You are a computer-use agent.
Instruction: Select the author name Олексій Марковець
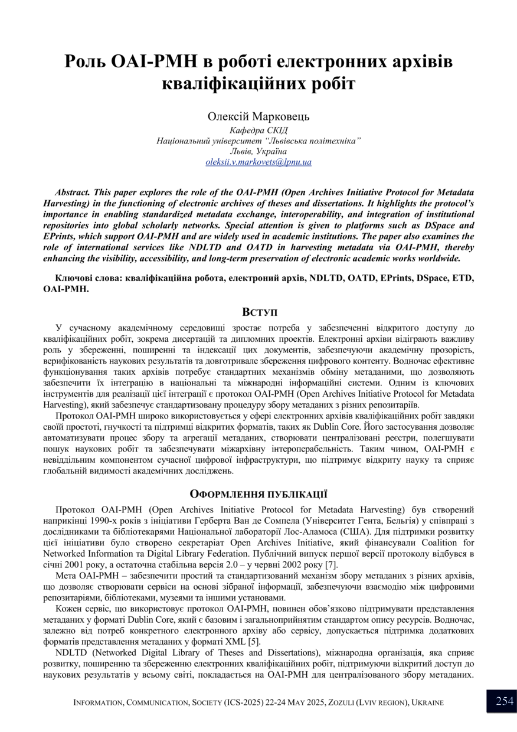(x=258, y=117)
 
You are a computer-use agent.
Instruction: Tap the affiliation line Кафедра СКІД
(x=258, y=130)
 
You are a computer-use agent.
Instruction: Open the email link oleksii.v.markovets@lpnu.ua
(x=258, y=162)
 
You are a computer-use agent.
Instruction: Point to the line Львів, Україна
(x=258, y=151)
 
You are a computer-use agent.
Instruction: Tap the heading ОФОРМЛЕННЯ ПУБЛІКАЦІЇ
(x=258, y=494)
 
